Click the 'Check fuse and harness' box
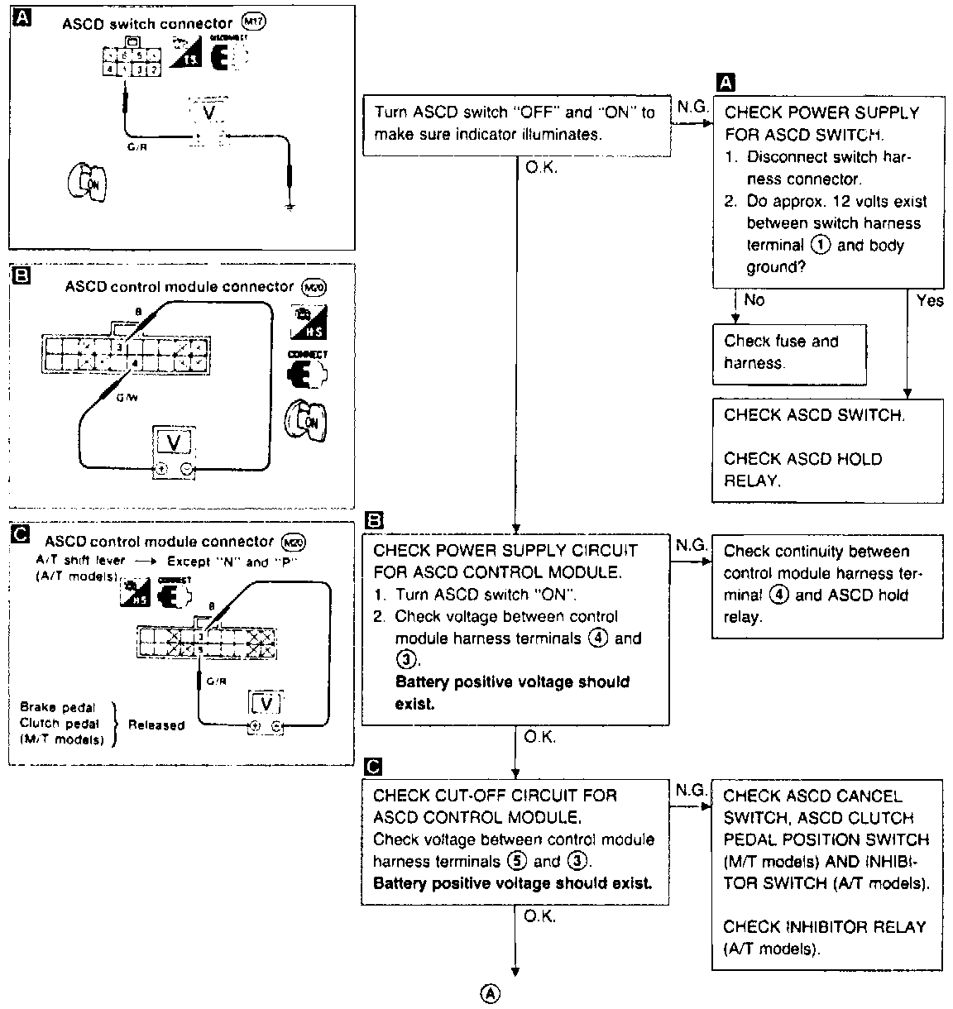(x=789, y=353)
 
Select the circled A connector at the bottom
(x=491, y=992)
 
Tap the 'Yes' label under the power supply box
(x=930, y=301)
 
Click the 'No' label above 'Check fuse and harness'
(x=754, y=300)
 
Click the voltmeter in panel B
(x=175, y=452)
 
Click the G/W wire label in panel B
(x=127, y=397)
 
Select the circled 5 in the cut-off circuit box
(x=518, y=861)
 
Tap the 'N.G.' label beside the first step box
(x=692, y=108)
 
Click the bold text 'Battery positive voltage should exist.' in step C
(x=513, y=882)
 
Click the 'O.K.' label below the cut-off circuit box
(x=540, y=916)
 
